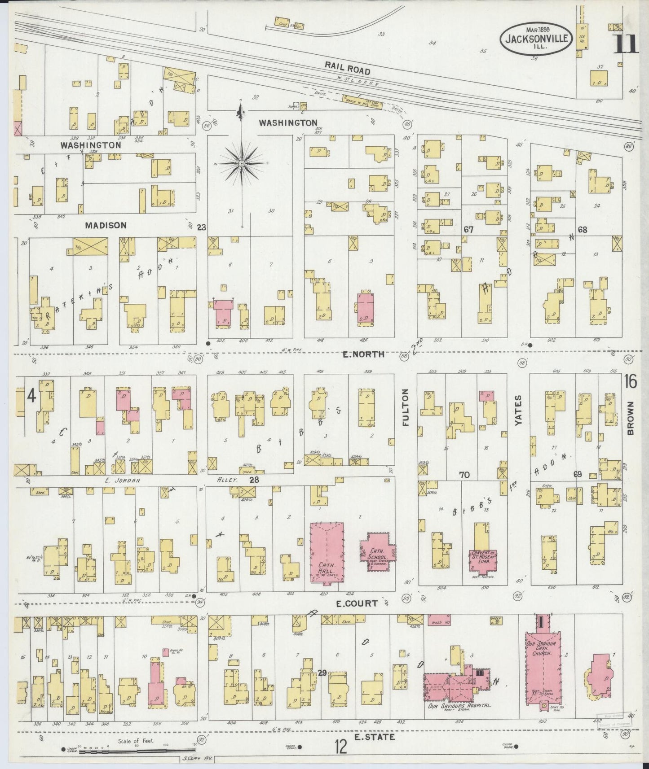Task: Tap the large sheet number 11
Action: (x=626, y=44)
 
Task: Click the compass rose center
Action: (x=242, y=163)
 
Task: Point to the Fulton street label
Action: (x=406, y=407)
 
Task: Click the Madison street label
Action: (x=106, y=226)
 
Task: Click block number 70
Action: (x=464, y=474)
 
